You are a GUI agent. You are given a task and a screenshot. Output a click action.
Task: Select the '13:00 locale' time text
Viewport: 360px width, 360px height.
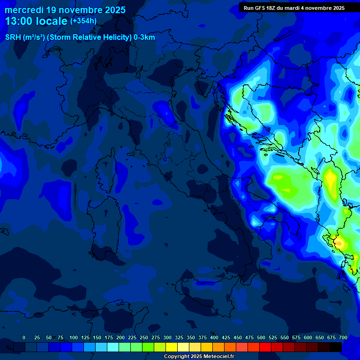[36, 21]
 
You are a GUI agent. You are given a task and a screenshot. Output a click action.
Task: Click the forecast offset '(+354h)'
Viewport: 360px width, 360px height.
[83, 21]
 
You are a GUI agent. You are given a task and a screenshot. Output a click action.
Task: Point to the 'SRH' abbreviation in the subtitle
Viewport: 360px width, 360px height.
[13, 37]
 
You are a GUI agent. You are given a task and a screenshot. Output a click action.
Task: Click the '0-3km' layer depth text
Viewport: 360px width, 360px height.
[144, 37]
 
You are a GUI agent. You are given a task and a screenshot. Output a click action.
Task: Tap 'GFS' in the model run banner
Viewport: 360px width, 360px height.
[266, 8]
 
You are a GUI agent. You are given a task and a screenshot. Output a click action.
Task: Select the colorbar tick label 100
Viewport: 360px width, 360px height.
[74, 337]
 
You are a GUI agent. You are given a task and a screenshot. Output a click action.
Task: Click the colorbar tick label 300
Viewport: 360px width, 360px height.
[167, 337]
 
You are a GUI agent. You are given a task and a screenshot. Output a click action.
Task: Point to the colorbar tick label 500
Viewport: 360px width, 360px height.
[261, 337]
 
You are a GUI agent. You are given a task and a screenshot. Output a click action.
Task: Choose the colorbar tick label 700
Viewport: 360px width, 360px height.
[343, 337]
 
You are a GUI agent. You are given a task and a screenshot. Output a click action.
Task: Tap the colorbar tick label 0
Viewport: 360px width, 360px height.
[24, 337]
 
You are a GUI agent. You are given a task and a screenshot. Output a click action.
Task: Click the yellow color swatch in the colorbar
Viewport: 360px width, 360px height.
[172, 347]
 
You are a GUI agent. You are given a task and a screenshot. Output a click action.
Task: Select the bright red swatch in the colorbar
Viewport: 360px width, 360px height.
[265, 347]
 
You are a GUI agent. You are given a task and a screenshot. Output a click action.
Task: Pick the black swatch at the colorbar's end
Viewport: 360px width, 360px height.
[336, 347]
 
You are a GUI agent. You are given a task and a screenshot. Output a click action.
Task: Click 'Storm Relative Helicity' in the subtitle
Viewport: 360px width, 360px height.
[90, 37]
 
